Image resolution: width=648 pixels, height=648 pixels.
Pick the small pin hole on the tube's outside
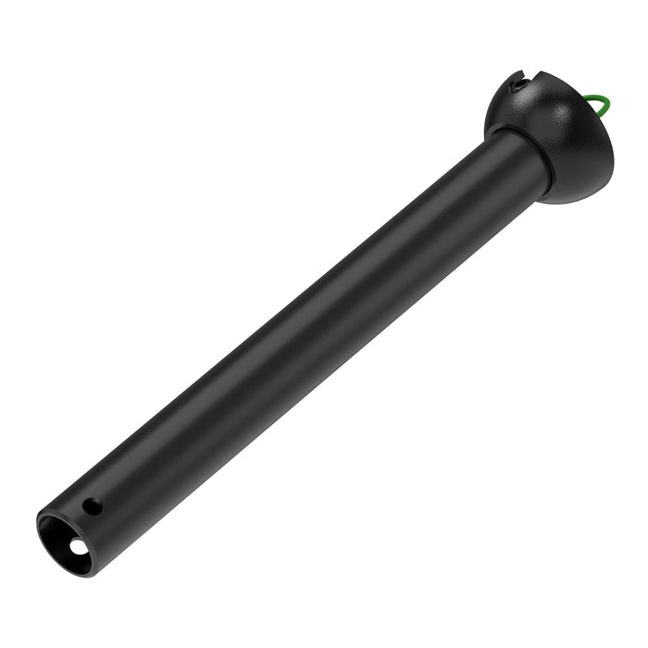click(91, 506)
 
